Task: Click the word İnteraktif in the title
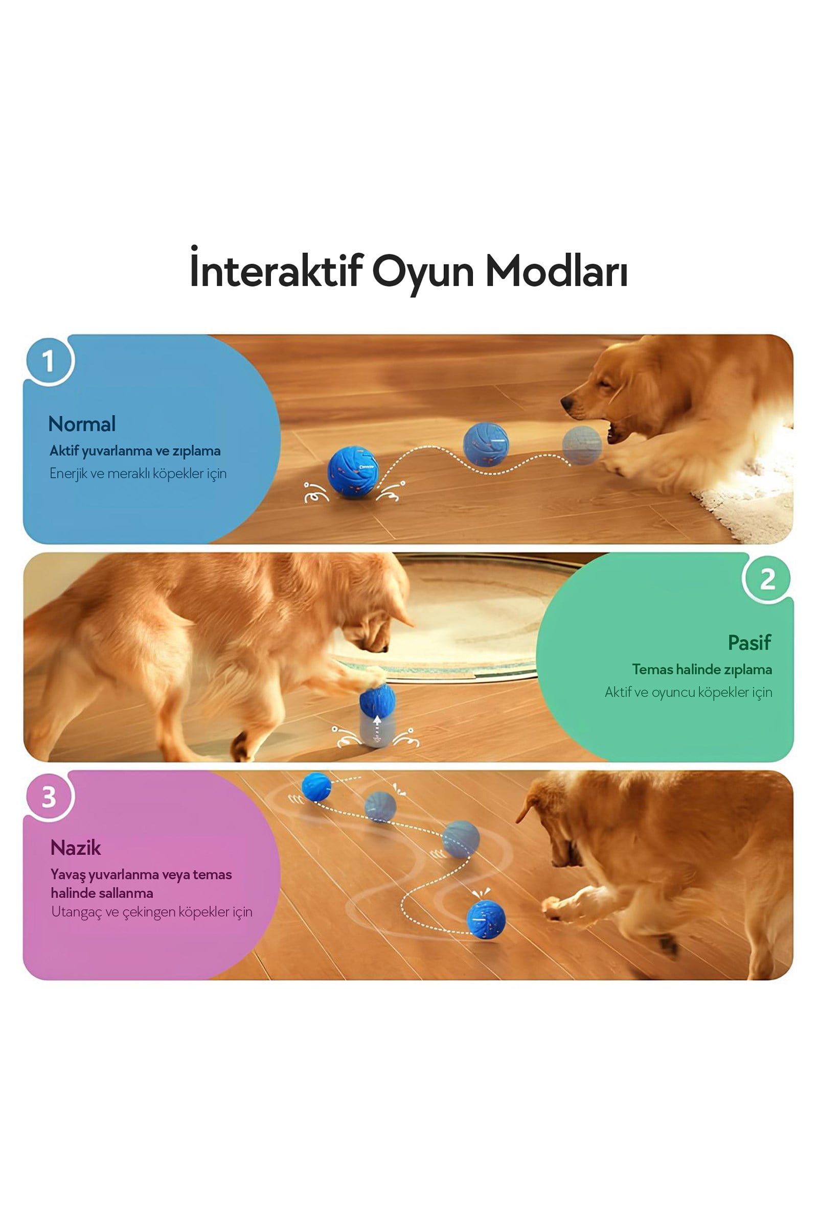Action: [x=276, y=270]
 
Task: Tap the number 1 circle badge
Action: [x=49, y=361]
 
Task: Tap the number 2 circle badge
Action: [x=767, y=579]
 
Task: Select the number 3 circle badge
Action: [x=49, y=797]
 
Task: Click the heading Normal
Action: [x=82, y=424]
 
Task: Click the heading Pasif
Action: [x=749, y=643]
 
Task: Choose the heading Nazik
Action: [x=76, y=848]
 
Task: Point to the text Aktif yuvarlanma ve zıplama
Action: [x=135, y=451]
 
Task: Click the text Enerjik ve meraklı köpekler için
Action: [x=138, y=474]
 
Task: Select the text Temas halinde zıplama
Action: [x=702, y=669]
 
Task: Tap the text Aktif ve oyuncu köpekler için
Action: [x=689, y=692]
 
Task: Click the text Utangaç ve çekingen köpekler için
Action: [x=152, y=912]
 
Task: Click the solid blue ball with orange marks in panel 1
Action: [x=353, y=471]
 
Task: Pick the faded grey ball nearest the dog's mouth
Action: [x=582, y=444]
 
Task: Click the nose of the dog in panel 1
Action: [x=565, y=403]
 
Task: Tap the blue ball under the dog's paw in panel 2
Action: [x=377, y=700]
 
